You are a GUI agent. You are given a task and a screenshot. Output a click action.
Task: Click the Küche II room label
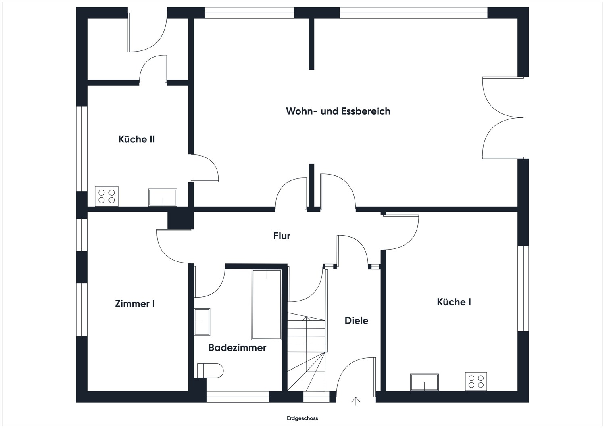(136, 140)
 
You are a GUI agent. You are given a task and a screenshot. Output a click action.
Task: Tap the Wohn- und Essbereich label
(338, 111)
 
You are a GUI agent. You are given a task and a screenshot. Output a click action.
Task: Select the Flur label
(282, 236)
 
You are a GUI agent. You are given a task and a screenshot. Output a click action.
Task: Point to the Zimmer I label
(135, 304)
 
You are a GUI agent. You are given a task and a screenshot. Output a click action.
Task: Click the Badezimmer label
(237, 348)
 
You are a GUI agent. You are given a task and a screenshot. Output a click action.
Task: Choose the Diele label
(356, 321)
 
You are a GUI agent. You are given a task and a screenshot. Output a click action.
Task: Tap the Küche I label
(454, 302)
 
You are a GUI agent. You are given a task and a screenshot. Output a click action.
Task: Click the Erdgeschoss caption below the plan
(302, 418)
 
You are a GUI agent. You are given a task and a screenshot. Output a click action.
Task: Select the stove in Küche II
(106, 196)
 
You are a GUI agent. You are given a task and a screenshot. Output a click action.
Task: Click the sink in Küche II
(163, 197)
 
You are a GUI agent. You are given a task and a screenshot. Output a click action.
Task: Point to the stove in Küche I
(476, 382)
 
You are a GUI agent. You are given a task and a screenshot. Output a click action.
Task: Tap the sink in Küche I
(424, 382)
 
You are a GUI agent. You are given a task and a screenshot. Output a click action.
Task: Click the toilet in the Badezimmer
(210, 371)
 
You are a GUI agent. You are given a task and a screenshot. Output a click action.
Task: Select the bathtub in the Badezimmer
(267, 305)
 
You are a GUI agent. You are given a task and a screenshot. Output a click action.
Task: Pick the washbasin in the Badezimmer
(202, 322)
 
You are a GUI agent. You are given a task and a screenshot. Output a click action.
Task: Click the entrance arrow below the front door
(356, 401)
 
